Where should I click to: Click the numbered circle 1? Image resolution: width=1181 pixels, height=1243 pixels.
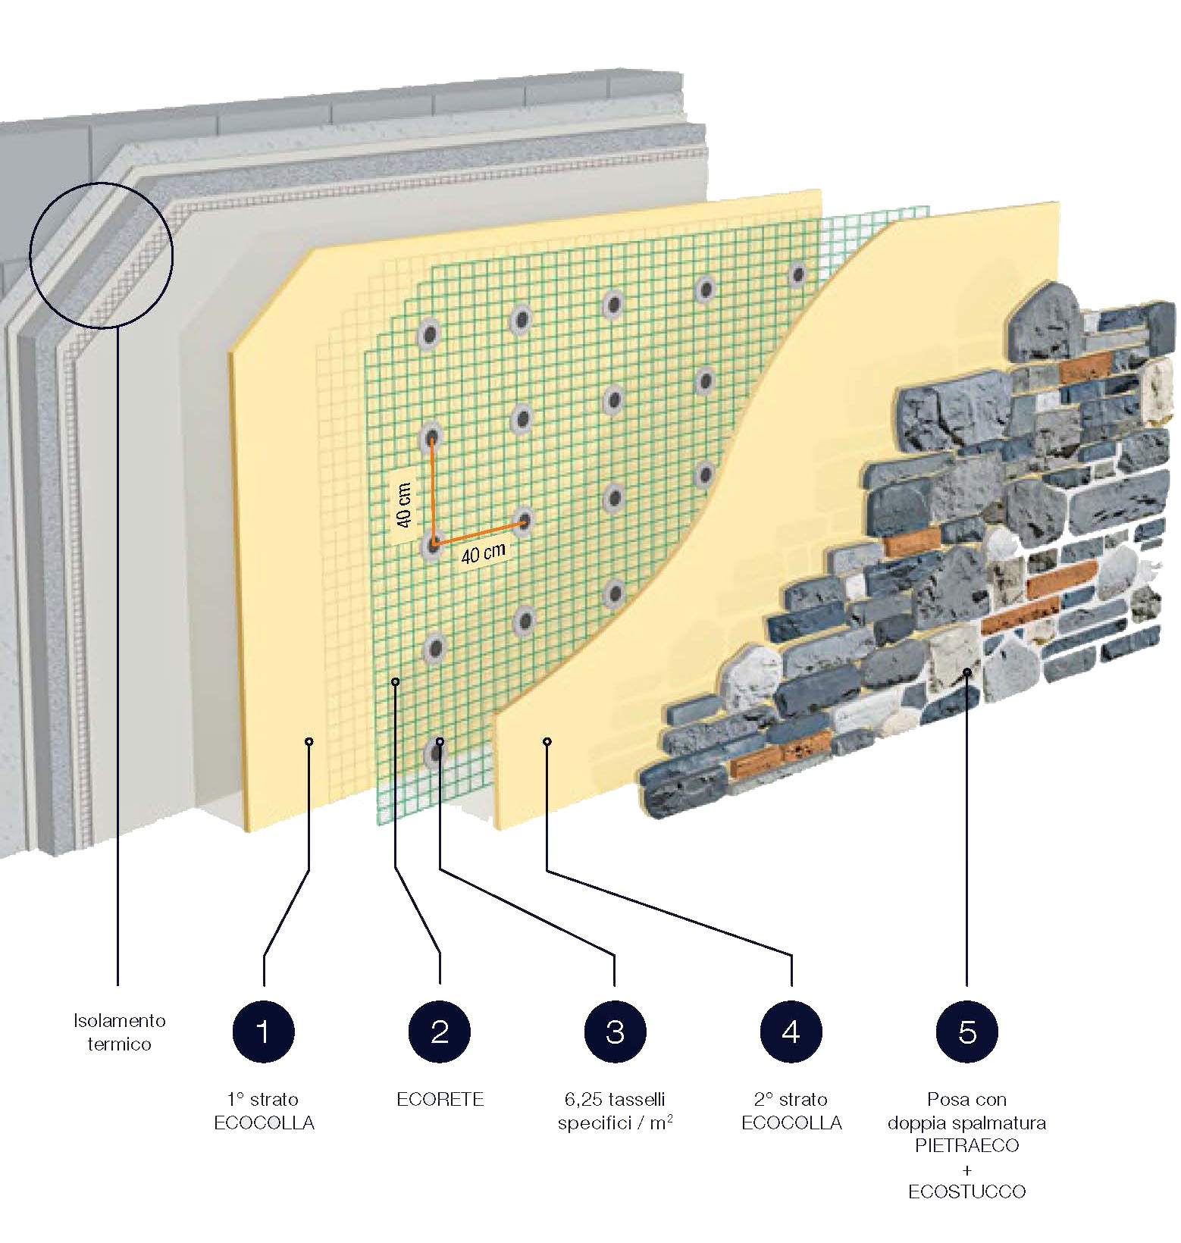tap(263, 1032)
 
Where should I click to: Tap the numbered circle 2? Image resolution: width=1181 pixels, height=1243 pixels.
tap(440, 1032)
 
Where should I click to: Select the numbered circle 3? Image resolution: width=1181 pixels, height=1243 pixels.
tap(615, 1032)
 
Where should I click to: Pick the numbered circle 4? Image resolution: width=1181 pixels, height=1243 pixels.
tap(791, 1032)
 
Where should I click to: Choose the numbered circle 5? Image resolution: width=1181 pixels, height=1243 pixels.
tap(967, 1032)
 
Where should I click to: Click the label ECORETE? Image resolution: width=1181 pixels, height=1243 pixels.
tap(440, 1100)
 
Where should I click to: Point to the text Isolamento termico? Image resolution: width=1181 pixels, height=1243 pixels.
tap(119, 1032)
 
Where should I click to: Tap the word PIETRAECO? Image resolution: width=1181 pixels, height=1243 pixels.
tap(966, 1145)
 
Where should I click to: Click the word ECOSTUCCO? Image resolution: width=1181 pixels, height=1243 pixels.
tap(966, 1192)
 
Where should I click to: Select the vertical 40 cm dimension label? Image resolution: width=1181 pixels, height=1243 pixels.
tap(405, 505)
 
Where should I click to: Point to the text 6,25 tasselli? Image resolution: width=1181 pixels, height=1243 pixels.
tap(615, 1100)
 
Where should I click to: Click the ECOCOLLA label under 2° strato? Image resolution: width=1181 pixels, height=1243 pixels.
tap(791, 1122)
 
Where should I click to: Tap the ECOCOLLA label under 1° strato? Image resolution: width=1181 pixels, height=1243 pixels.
tap(264, 1122)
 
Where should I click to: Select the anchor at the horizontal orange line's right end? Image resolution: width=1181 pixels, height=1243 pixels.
tap(525, 520)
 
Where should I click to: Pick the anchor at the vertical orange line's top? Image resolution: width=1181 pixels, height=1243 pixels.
tap(433, 437)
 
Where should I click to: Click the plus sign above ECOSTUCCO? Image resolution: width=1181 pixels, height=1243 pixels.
tap(966, 1169)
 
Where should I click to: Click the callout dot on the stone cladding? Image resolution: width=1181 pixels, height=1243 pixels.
tap(967, 672)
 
